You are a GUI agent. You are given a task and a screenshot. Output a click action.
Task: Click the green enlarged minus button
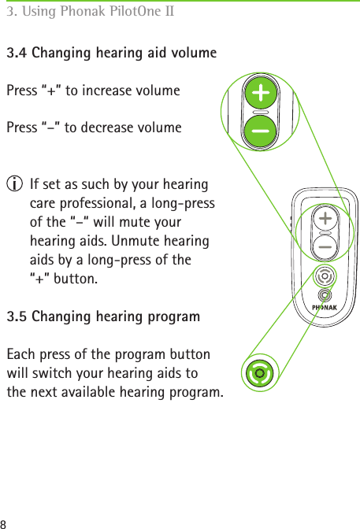pos(260,128)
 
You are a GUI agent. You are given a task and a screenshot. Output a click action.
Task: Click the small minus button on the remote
pos(324,246)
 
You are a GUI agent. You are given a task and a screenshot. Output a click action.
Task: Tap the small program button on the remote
pos(323,276)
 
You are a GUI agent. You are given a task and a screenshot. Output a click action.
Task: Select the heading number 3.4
pos(17,54)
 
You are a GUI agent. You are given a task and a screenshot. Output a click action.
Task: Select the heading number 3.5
pos(17,317)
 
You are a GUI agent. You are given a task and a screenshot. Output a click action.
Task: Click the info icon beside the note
pos(13,186)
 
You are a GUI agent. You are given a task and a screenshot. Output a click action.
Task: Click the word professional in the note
pos(78,204)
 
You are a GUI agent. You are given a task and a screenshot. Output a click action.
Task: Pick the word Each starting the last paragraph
pos(20,354)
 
